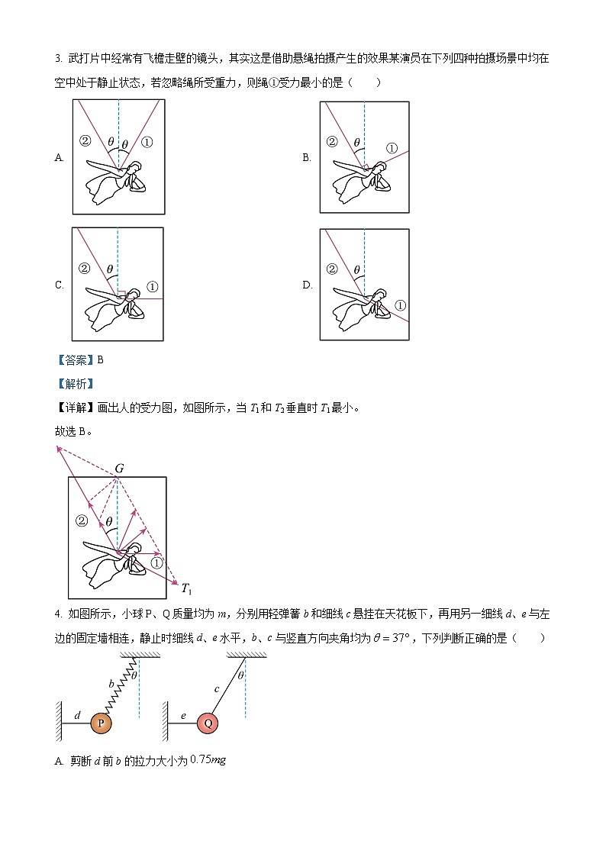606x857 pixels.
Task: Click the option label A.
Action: click(x=59, y=158)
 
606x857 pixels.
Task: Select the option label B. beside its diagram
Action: click(x=306, y=158)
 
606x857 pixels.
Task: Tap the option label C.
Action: click(x=59, y=285)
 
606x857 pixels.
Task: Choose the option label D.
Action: click(x=307, y=285)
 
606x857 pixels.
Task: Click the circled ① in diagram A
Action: click(x=147, y=141)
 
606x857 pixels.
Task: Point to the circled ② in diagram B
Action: click(x=331, y=141)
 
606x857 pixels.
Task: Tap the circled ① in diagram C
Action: click(x=152, y=287)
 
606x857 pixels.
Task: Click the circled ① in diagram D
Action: click(x=400, y=306)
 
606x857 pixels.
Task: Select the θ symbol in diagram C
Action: click(x=110, y=269)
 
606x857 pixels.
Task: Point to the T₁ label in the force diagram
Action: click(x=185, y=588)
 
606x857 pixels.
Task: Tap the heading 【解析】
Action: click(x=74, y=383)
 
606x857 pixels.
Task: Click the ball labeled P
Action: click(x=101, y=723)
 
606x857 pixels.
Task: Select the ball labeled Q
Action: click(x=208, y=723)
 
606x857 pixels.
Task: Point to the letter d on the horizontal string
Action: click(x=77, y=715)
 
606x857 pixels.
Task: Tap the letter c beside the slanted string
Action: click(x=217, y=689)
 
